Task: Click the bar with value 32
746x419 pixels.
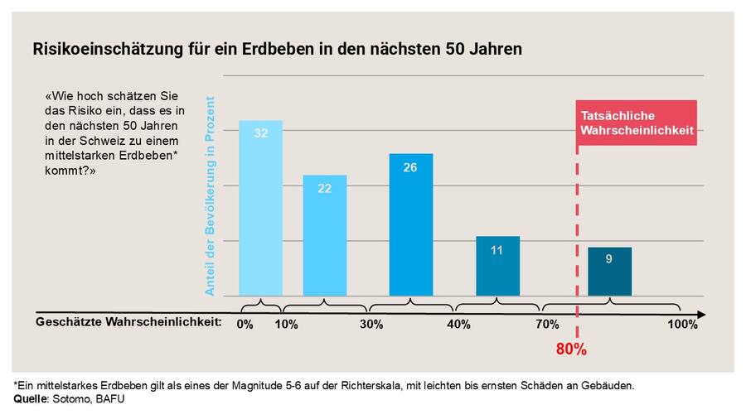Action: coord(260,208)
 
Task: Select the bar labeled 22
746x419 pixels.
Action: coord(324,235)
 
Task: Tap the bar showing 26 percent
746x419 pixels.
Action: coord(410,224)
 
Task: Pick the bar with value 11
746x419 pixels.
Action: coord(497,266)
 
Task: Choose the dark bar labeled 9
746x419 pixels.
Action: coord(609,271)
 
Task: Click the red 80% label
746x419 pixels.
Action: coord(571,349)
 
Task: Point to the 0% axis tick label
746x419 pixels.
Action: coord(245,325)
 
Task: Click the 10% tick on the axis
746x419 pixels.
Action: coord(286,325)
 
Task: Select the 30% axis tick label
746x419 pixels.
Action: coord(371,325)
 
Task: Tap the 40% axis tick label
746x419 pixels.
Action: coord(458,325)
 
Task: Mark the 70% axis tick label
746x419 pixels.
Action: coord(547,325)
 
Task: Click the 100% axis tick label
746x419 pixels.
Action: coord(682,325)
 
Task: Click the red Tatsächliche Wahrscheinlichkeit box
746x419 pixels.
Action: coord(636,123)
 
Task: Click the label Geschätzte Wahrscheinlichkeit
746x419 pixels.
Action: coord(128,322)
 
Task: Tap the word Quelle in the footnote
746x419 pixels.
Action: coord(30,399)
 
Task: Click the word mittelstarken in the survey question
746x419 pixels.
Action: coord(81,156)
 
